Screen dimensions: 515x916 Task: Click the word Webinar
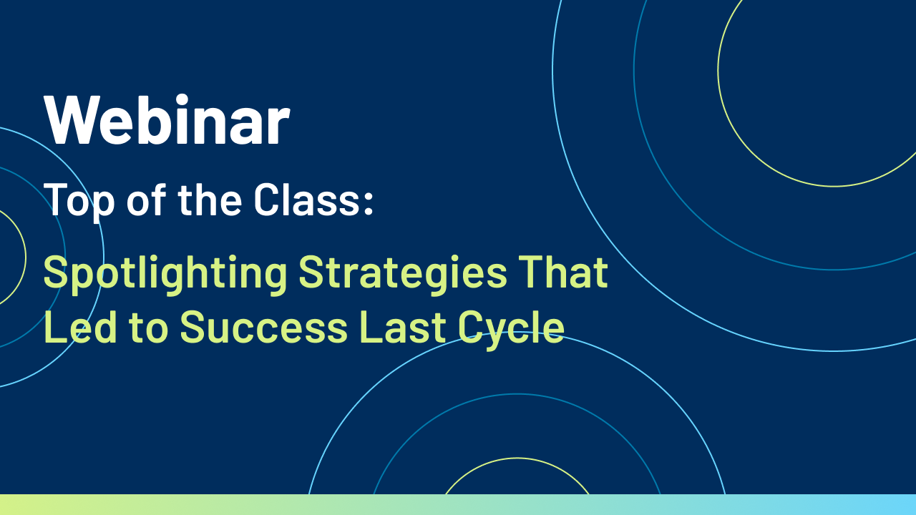click(167, 120)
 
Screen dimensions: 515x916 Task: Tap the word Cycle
click(511, 329)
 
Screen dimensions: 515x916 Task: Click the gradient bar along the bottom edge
click(458, 504)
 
